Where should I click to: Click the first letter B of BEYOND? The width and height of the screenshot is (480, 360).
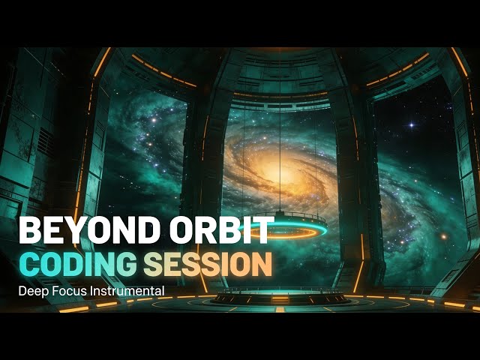(28, 231)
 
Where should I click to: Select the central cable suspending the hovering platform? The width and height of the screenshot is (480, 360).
(280, 150)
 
